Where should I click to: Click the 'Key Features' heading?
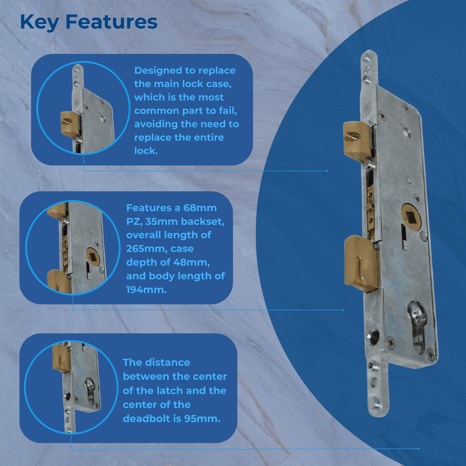point(89,22)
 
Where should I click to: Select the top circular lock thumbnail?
point(83,108)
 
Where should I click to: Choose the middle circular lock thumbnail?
point(73,247)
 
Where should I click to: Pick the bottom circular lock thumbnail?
point(72,387)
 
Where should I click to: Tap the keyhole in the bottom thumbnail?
point(89,390)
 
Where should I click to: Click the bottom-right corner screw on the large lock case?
point(430,354)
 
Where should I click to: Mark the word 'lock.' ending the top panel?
point(146,150)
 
